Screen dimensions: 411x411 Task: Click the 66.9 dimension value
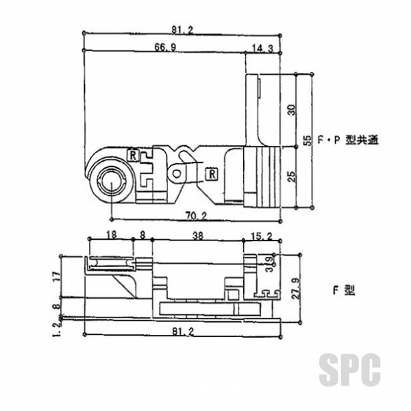tap(165, 47)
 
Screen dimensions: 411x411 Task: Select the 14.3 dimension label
tap(262, 49)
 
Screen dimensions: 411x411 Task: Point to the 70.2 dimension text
tap(197, 216)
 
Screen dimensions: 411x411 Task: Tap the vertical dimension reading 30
tap(292, 110)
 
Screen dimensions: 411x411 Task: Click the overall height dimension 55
tap(308, 140)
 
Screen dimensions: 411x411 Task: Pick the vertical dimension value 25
tap(292, 177)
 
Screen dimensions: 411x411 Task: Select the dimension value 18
tap(111, 234)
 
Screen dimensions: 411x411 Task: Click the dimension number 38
tap(198, 236)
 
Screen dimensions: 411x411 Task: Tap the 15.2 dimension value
tap(262, 236)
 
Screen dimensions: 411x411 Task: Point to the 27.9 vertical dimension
tap(296, 288)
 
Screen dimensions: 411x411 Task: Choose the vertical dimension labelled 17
tap(57, 276)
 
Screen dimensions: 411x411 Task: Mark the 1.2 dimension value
tap(57, 329)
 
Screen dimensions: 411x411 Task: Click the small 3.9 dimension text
tap(269, 264)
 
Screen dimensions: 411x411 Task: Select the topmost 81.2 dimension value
tap(182, 30)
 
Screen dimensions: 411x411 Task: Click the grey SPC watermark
tap(349, 369)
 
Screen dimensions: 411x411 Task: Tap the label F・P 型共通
tap(349, 140)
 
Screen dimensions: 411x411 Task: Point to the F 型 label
tap(344, 290)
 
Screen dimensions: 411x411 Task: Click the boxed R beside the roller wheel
tap(133, 155)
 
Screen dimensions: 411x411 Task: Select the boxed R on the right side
tap(212, 174)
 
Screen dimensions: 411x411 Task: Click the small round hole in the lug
tap(177, 173)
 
